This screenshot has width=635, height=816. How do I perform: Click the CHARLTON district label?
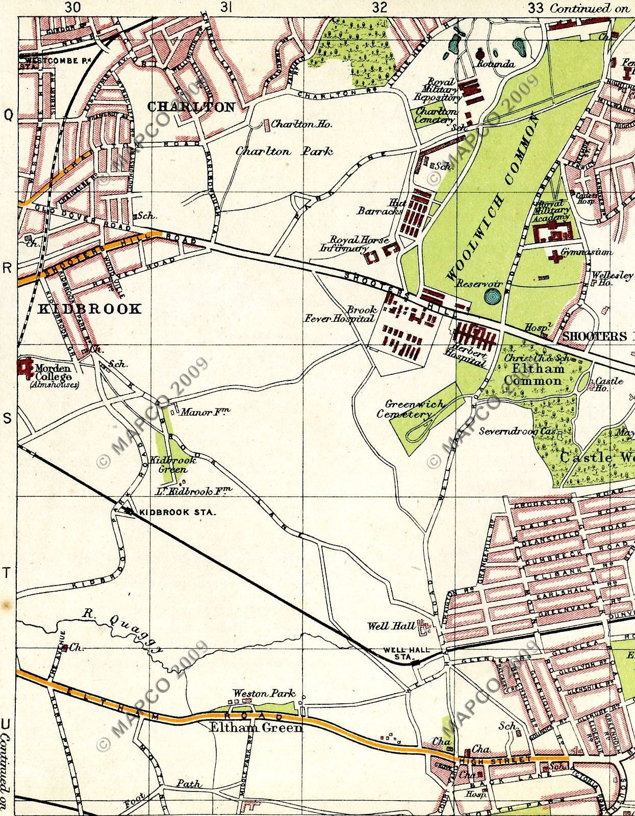click(x=191, y=107)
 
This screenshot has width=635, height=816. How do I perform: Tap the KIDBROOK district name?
click(x=90, y=309)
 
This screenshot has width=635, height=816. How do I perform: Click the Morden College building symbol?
click(x=24, y=366)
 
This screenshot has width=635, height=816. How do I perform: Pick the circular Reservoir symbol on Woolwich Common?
click(x=493, y=296)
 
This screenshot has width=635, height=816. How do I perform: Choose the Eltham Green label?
click(x=257, y=727)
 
